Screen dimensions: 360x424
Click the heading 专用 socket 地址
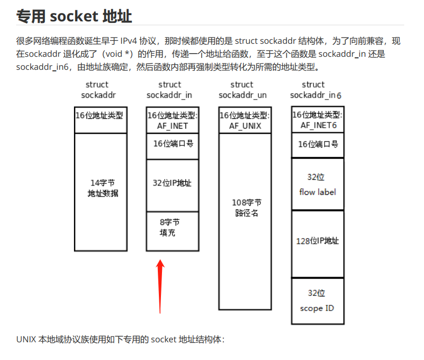[74, 16]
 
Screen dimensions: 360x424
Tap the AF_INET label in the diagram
[172, 126]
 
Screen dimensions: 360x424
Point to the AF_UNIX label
[245, 126]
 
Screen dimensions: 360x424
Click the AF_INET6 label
[318, 126]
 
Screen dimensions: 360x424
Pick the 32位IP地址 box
[172, 183]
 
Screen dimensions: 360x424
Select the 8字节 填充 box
[172, 228]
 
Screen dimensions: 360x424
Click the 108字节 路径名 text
[245, 207]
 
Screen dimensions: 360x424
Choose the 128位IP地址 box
[318, 241]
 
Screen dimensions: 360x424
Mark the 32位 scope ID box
[318, 301]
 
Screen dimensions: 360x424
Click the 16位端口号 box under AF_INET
[172, 143]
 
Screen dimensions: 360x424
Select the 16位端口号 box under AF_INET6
[318, 144]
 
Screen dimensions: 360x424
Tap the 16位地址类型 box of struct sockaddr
[101, 115]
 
